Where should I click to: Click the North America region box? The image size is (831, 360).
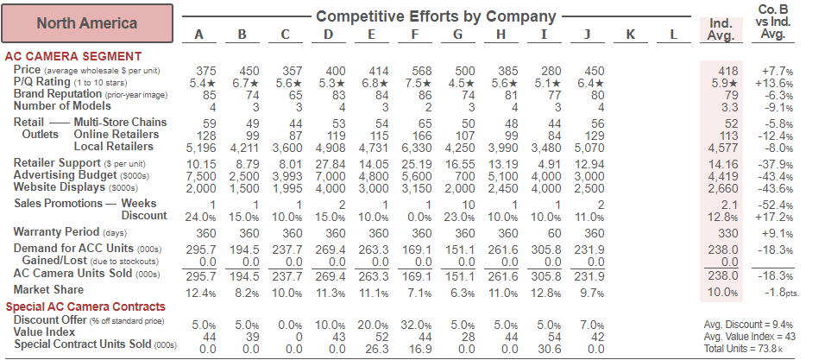[87, 23]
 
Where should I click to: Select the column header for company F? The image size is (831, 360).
[415, 35]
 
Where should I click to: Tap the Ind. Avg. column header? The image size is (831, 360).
[720, 29]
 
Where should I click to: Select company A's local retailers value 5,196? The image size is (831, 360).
[201, 147]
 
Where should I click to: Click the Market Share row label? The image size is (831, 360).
[48, 289]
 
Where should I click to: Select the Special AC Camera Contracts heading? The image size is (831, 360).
[85, 306]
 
